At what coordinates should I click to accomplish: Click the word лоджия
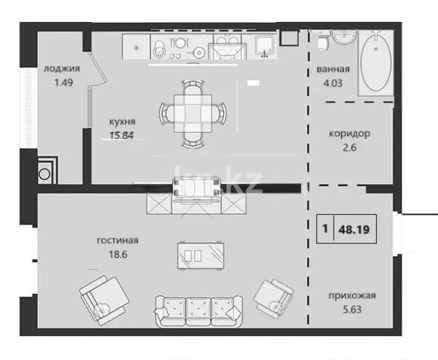pos(62,68)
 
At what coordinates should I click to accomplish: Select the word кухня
pos(123,121)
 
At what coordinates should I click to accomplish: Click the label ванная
pos(334,69)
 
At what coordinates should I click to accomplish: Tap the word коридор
pos(349,134)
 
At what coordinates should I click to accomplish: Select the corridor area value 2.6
pos(349,147)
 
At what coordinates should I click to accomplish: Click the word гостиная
pos(118,241)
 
